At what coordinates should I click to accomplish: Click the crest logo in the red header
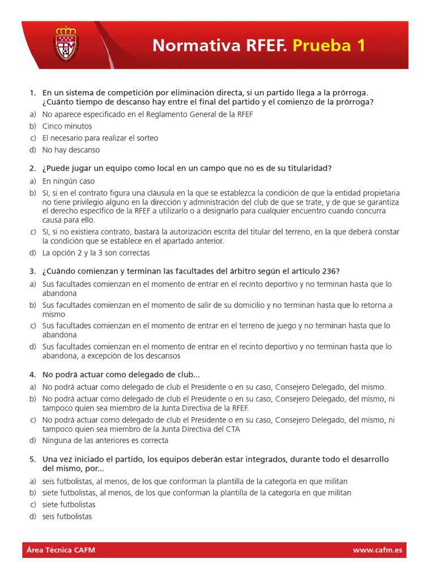67,44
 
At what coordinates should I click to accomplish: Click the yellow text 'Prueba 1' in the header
329,46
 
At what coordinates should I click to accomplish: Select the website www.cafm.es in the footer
377,549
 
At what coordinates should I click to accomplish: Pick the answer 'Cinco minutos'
67,126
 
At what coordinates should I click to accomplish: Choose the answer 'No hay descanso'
71,150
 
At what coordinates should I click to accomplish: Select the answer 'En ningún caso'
69,181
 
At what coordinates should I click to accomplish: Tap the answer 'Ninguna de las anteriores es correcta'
105,440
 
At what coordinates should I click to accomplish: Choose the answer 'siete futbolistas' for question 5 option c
69,504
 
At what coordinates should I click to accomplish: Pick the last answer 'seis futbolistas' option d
67,516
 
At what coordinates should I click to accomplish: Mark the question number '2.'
32,168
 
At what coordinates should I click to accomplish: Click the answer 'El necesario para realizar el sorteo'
100,138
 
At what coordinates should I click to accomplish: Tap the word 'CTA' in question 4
233,429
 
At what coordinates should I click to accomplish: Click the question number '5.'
32,459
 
